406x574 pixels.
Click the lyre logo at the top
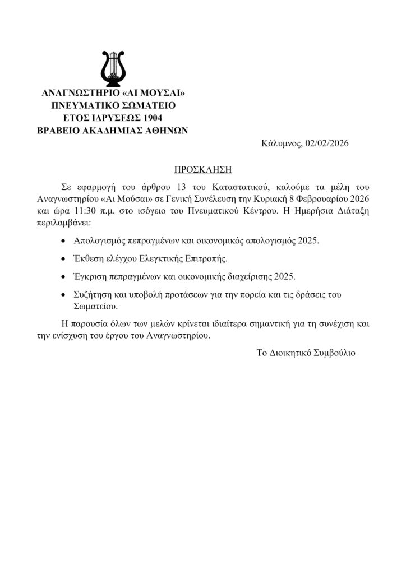point(113,66)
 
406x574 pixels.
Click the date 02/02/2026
point(327,143)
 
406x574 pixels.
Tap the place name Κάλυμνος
point(282,143)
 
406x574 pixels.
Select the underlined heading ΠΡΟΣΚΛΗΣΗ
point(202,168)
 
